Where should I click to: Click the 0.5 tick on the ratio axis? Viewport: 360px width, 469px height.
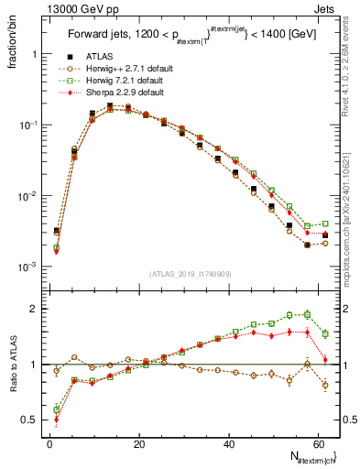[31, 420]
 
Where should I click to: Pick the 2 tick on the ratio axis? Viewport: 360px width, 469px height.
[36, 309]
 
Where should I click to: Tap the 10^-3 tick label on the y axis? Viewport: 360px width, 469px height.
[27, 267]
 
